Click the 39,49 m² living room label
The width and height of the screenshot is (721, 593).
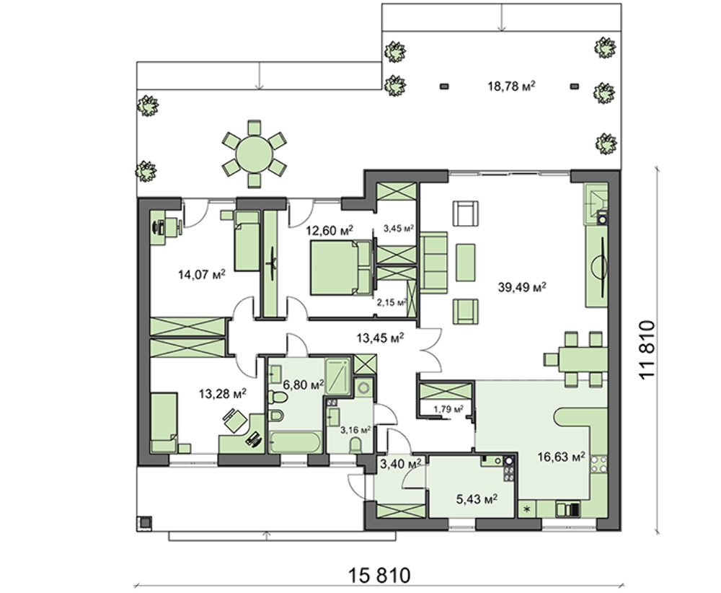coord(522,287)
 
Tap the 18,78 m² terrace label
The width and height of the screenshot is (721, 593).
coord(511,86)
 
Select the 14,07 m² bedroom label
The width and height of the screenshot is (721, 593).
coord(201,275)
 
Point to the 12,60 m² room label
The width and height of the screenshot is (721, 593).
coord(329,229)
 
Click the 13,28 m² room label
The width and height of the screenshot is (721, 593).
coord(223,394)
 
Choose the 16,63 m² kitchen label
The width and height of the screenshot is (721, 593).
coord(561,457)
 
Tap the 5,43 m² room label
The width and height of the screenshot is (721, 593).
coord(477,499)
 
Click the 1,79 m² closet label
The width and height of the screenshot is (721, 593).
coord(448,408)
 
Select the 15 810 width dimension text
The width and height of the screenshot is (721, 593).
coord(379,575)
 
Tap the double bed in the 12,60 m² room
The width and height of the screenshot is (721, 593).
coord(341,268)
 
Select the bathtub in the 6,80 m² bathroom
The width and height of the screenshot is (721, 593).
coord(295,442)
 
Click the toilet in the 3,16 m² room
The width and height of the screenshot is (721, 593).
coord(355,445)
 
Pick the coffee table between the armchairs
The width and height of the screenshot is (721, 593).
coord(465,262)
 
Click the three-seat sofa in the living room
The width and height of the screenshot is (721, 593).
coord(433,262)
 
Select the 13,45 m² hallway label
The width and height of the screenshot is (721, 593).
coord(380,338)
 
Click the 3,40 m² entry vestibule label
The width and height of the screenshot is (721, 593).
coord(401,464)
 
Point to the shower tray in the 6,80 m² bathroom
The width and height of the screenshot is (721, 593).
coord(338,376)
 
